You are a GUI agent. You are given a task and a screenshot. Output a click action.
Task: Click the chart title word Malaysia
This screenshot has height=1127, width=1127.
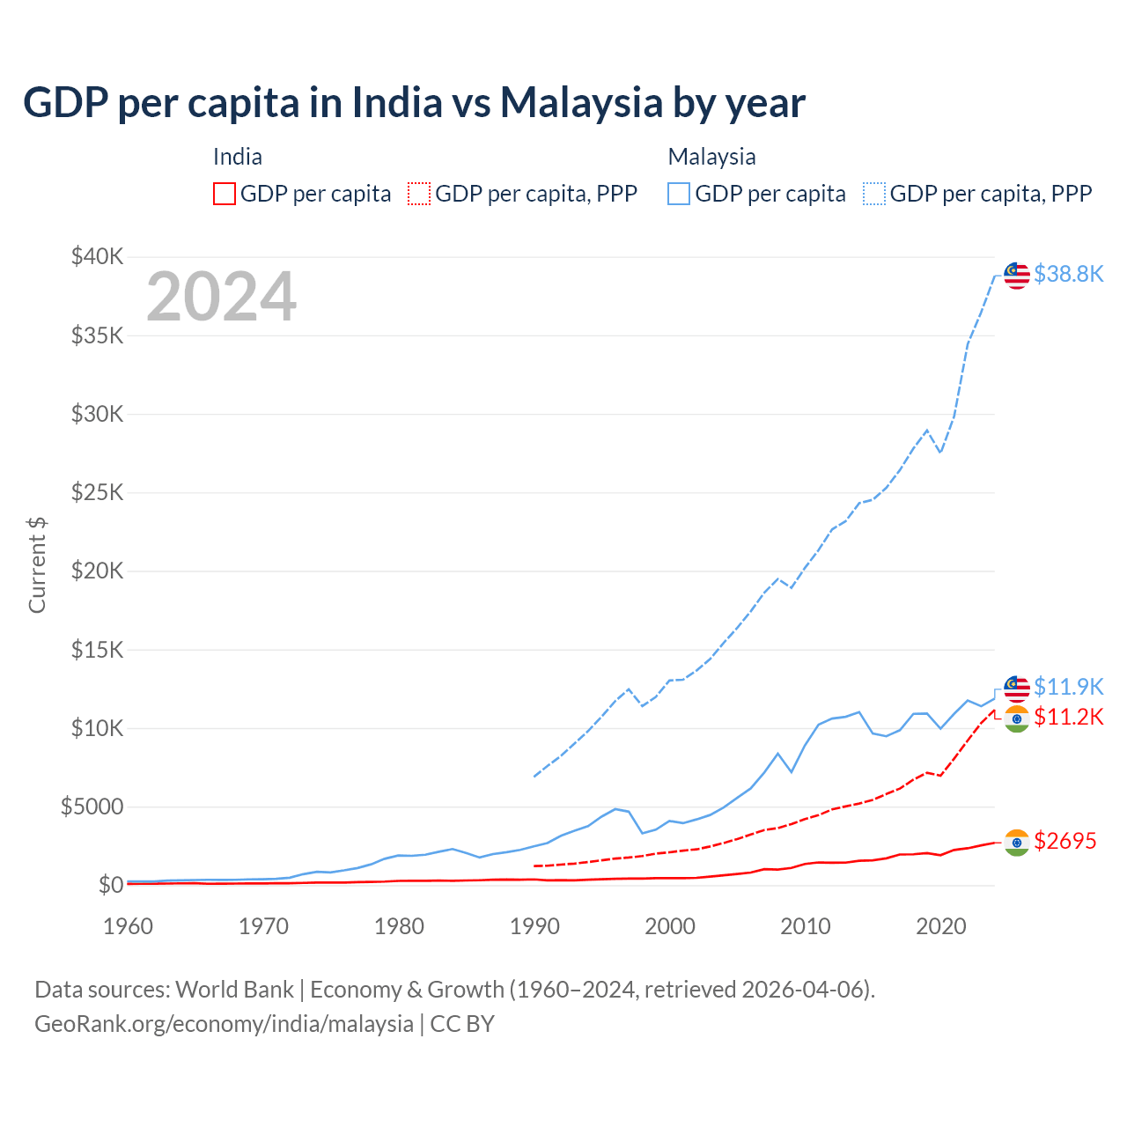click(580, 103)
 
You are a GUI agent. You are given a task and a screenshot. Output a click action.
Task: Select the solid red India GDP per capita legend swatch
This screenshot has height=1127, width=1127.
click(225, 194)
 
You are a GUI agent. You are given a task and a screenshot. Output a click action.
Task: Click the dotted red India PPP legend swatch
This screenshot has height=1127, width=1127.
click(419, 194)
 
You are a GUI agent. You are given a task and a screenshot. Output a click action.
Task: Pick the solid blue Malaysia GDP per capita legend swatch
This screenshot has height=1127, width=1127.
click(679, 194)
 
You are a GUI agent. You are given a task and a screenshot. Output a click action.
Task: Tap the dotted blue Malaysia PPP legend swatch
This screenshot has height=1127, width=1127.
click(874, 194)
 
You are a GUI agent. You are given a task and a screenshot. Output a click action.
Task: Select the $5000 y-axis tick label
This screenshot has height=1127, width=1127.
click(92, 807)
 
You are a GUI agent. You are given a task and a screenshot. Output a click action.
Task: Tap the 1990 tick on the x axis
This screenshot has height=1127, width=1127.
click(534, 926)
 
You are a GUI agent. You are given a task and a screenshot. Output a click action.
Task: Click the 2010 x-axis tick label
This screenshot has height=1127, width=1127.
click(806, 926)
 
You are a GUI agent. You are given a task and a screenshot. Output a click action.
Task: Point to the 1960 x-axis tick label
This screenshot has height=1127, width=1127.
click(129, 926)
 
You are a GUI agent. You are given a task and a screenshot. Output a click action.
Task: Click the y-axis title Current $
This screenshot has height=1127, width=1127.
click(37, 565)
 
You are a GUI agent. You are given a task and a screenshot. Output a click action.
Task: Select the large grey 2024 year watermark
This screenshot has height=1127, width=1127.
click(221, 297)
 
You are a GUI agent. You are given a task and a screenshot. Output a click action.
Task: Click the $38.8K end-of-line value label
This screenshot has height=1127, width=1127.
click(1068, 274)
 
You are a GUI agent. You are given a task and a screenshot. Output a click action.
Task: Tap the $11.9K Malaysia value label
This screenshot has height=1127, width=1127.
click(1068, 687)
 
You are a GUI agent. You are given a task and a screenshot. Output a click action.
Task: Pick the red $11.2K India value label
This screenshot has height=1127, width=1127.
click(1068, 717)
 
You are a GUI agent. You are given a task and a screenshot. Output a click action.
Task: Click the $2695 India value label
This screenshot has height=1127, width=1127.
click(1064, 841)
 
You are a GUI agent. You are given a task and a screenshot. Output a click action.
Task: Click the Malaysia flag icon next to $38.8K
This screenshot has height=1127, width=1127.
click(1017, 275)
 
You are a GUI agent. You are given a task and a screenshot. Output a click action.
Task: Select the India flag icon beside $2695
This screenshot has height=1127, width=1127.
click(1017, 843)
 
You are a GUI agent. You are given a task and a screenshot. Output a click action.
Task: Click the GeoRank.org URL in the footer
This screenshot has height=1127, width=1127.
click(224, 1024)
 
